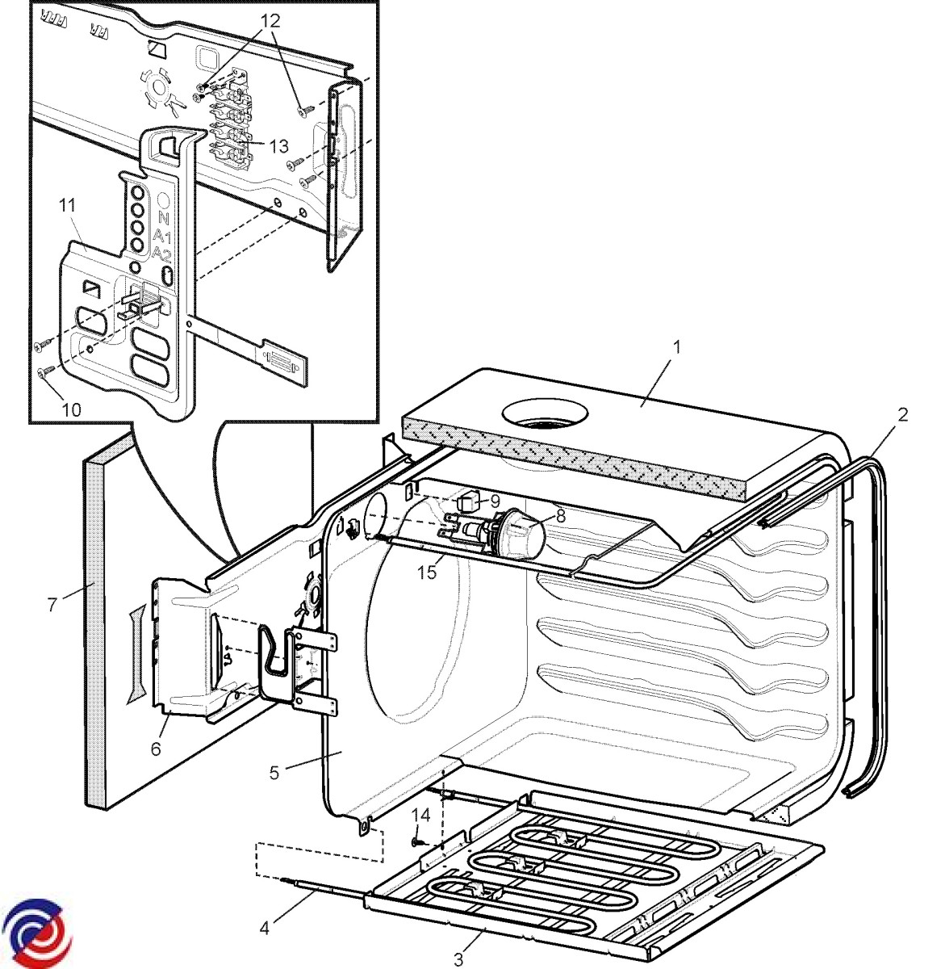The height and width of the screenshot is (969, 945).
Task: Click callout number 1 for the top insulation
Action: pos(677,347)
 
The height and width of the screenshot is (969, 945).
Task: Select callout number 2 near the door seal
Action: pos(903,415)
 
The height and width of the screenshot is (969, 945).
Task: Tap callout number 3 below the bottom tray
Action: pos(459,959)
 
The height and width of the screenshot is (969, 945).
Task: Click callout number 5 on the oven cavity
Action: pos(274,773)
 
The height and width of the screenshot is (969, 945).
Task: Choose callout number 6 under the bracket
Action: pos(156,749)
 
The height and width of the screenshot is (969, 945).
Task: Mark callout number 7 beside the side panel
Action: pos(52,603)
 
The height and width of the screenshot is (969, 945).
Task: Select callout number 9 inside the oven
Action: pos(494,501)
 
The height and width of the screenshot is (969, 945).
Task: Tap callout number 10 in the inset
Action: pos(71,409)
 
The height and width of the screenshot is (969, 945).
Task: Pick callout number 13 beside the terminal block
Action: pos(278,146)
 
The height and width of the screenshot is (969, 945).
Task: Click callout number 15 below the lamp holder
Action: pos(426,573)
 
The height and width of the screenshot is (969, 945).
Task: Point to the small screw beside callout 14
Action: pos(415,842)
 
